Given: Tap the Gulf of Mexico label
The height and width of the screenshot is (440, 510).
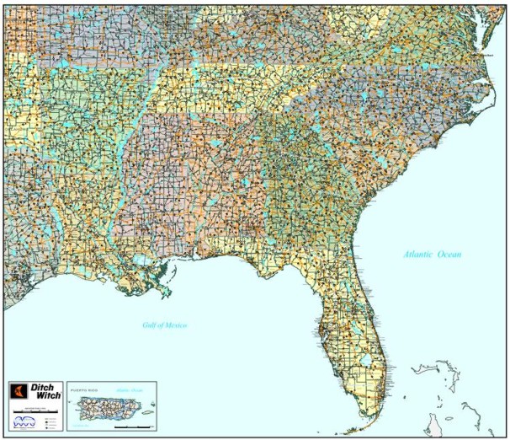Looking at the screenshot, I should tap(164, 325).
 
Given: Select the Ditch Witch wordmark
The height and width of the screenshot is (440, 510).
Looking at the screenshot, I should tap(43, 394).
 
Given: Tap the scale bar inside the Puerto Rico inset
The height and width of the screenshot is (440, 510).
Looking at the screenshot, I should tap(127, 427).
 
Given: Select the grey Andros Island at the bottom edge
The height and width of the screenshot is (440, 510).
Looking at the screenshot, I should tap(433, 423).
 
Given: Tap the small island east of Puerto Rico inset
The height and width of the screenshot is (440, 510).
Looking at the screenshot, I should tap(145, 410).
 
